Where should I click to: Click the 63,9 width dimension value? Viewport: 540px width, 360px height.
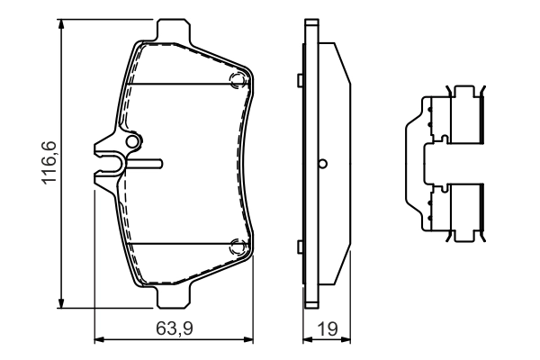click(x=175, y=328)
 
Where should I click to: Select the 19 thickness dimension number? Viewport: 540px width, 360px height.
click(x=328, y=329)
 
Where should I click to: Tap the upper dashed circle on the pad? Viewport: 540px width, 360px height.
click(x=238, y=80)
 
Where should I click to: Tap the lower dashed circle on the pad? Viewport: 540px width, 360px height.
click(x=238, y=246)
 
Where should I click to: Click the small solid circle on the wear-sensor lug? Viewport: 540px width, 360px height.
click(x=131, y=141)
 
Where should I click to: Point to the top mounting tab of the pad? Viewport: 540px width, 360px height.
click(x=173, y=31)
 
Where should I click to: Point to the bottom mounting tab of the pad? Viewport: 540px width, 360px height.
click(x=173, y=296)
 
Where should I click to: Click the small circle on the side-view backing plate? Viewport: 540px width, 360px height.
click(x=323, y=164)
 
